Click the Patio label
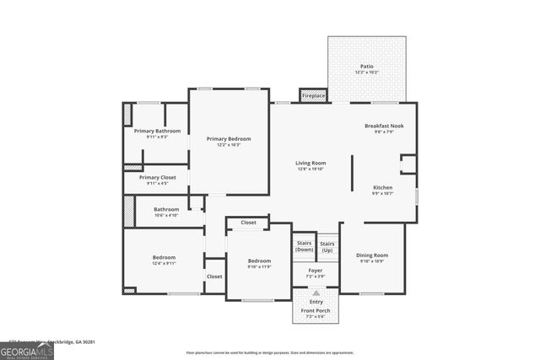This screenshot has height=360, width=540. tap(366, 66)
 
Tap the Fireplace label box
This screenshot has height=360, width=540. tap(313, 96)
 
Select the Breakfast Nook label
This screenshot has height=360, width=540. tap(384, 126)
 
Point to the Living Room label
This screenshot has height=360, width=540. tap(310, 163)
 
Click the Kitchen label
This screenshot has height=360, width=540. tap(383, 187)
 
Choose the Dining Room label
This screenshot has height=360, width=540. tap(372, 255)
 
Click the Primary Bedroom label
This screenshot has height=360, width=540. tap(228, 138)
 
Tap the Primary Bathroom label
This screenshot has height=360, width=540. tap(157, 131)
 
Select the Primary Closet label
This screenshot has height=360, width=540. tap(157, 177)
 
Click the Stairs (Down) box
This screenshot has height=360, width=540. tap(304, 246)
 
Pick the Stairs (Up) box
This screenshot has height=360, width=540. tap(327, 246)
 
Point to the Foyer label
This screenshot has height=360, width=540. tap(315, 271)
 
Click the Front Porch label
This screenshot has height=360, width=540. tap(316, 310)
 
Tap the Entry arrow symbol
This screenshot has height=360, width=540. tap(316, 292)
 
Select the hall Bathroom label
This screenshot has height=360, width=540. tap(165, 209)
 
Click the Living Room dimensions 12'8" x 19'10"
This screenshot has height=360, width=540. tap(310, 169)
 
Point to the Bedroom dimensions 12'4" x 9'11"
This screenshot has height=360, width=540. tap(164, 264)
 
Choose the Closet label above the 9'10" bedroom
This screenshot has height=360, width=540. tap(248, 223)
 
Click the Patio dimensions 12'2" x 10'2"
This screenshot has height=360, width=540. tap(366, 73)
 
